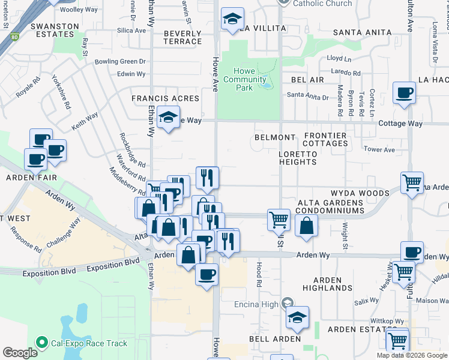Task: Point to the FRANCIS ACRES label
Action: point(166,98)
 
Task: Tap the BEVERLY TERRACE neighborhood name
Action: point(182,37)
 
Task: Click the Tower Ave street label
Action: point(379,149)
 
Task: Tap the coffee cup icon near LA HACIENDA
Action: point(404,93)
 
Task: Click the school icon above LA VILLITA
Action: point(232,19)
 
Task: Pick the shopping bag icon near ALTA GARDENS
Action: point(306,226)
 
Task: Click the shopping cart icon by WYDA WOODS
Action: point(412,183)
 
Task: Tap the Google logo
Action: point(20,353)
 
